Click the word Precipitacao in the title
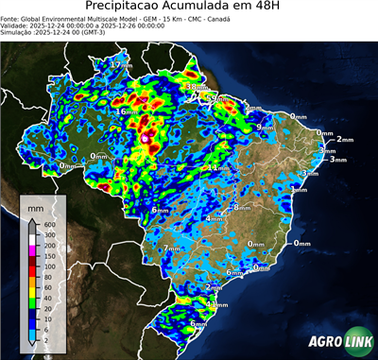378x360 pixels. click(x=129, y=7)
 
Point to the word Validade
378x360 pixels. click(x=18, y=25)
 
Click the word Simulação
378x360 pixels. click(x=18, y=32)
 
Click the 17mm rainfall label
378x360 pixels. click(x=121, y=63)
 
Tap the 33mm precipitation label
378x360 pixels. click(x=197, y=87)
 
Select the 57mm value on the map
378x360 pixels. click(x=218, y=97)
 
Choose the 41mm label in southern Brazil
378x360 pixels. click(x=219, y=304)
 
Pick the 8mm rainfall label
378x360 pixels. click(x=243, y=205)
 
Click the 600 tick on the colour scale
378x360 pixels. click(x=47, y=224)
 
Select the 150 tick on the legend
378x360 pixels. click(x=47, y=255)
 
